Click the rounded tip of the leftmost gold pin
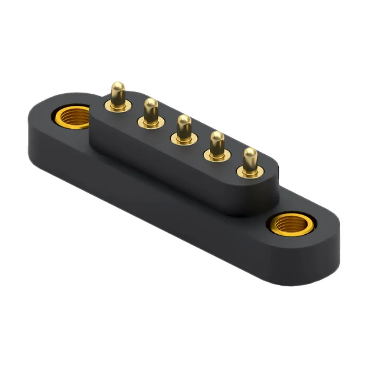pyautogui.click(x=118, y=87)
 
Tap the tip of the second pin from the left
pyautogui.click(x=151, y=104)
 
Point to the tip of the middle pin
pyautogui.click(x=184, y=121)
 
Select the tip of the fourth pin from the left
pyautogui.click(x=217, y=137)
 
